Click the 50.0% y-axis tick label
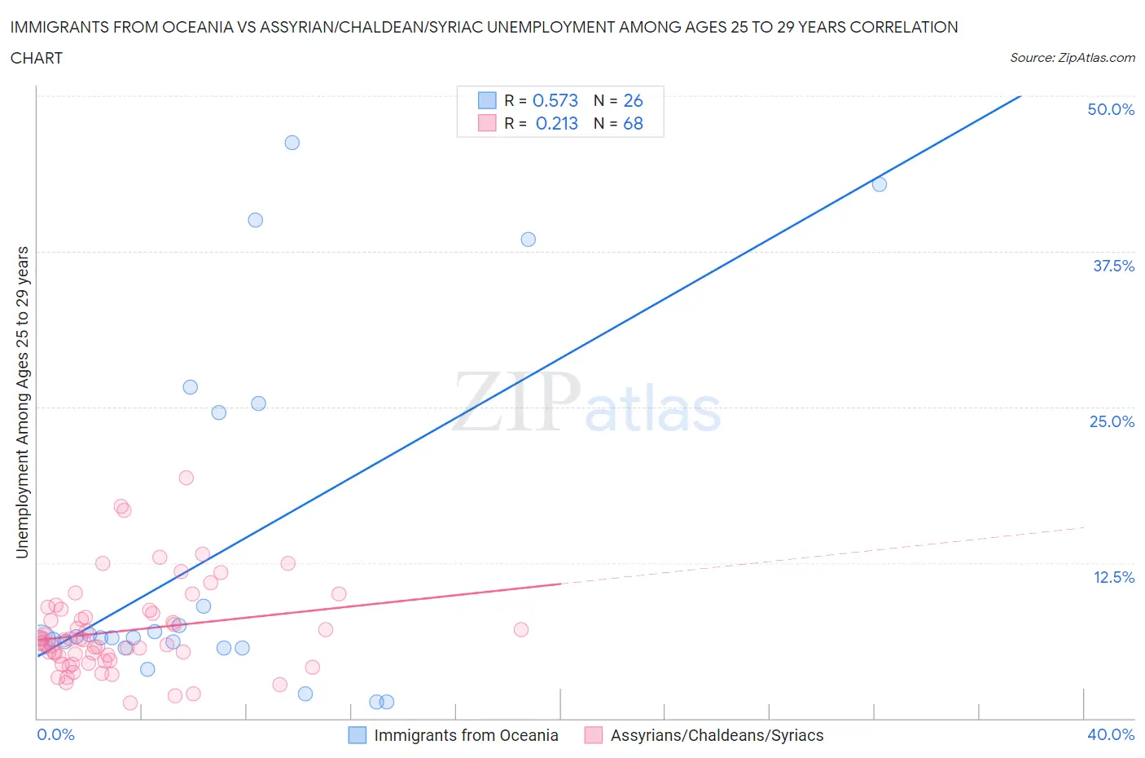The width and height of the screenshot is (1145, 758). tap(1110, 109)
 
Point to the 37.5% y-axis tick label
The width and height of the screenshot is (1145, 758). tap(1112, 266)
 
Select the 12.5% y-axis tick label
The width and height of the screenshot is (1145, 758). tap(1112, 577)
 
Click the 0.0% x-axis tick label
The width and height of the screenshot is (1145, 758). tap(55, 734)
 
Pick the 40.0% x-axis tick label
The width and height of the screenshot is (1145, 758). tap(1110, 734)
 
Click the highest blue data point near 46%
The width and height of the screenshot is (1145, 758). tap(292, 143)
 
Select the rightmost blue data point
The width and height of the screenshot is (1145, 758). tap(879, 184)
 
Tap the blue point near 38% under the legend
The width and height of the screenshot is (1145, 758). tap(528, 240)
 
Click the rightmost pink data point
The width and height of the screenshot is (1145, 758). tap(521, 629)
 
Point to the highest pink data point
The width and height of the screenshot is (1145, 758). tap(186, 478)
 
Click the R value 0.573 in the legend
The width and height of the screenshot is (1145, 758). tap(555, 100)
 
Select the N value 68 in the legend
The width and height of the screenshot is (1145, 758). tap(633, 123)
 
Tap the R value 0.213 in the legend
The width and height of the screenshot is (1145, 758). tap(556, 123)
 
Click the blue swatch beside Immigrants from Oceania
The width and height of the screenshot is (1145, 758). tap(357, 735)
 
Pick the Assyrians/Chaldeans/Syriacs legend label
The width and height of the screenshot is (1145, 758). tap(717, 735)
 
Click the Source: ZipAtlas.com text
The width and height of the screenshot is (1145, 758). tap(1072, 57)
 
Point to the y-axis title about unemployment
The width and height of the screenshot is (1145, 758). tap(22, 402)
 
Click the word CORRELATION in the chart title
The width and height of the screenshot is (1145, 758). tap(903, 27)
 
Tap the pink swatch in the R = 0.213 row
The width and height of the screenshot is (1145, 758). tap(486, 123)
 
